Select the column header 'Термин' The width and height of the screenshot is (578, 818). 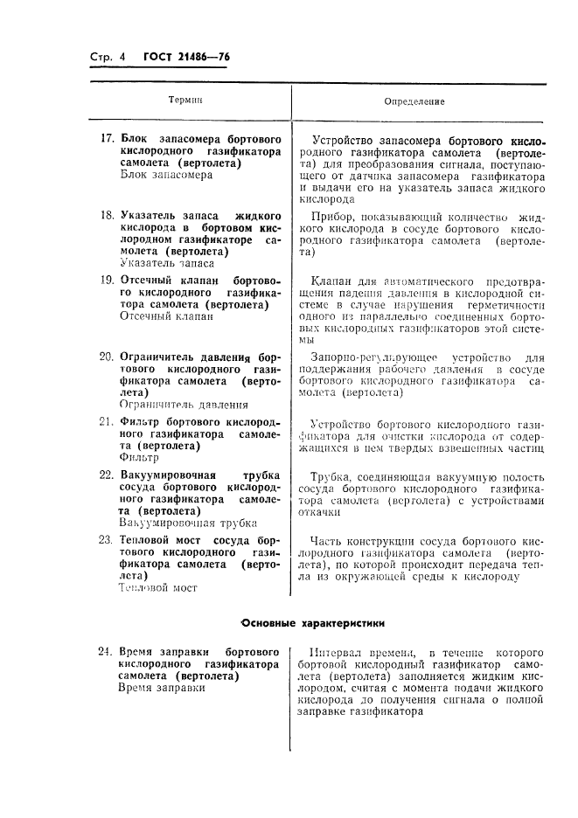(x=185, y=101)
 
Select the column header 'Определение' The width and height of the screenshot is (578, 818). (x=414, y=101)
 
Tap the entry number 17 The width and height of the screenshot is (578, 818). (x=108, y=139)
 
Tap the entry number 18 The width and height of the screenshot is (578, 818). (x=108, y=214)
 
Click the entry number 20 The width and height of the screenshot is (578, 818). (x=108, y=357)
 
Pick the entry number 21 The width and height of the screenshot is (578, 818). (x=108, y=421)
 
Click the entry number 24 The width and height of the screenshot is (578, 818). (x=108, y=652)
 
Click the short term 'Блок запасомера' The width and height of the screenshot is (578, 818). (x=166, y=175)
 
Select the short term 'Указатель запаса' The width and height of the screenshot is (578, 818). (x=168, y=262)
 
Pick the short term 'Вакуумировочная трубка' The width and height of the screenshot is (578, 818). (x=188, y=523)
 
